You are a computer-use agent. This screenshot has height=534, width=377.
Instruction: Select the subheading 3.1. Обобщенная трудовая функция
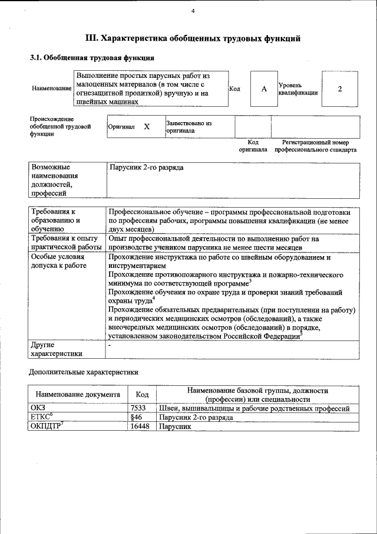click(92, 58)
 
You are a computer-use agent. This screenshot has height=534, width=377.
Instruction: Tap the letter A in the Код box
click(264, 89)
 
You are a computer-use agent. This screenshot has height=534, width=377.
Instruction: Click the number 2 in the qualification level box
click(340, 89)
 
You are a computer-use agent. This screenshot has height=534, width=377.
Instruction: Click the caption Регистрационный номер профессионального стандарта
click(315, 146)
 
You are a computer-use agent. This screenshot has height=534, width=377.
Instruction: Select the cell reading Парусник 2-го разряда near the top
click(147, 168)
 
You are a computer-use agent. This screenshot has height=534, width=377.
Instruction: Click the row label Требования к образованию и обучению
click(56, 220)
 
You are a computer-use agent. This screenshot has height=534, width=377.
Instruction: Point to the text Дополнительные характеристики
click(84, 372)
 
